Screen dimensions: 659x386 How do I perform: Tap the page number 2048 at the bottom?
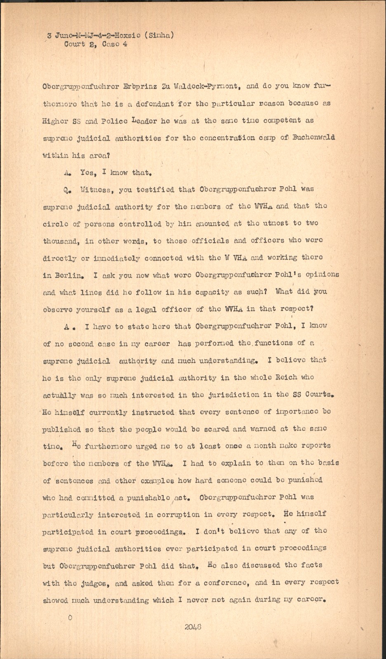click(193, 628)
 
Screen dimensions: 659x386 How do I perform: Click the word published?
click(61, 429)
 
